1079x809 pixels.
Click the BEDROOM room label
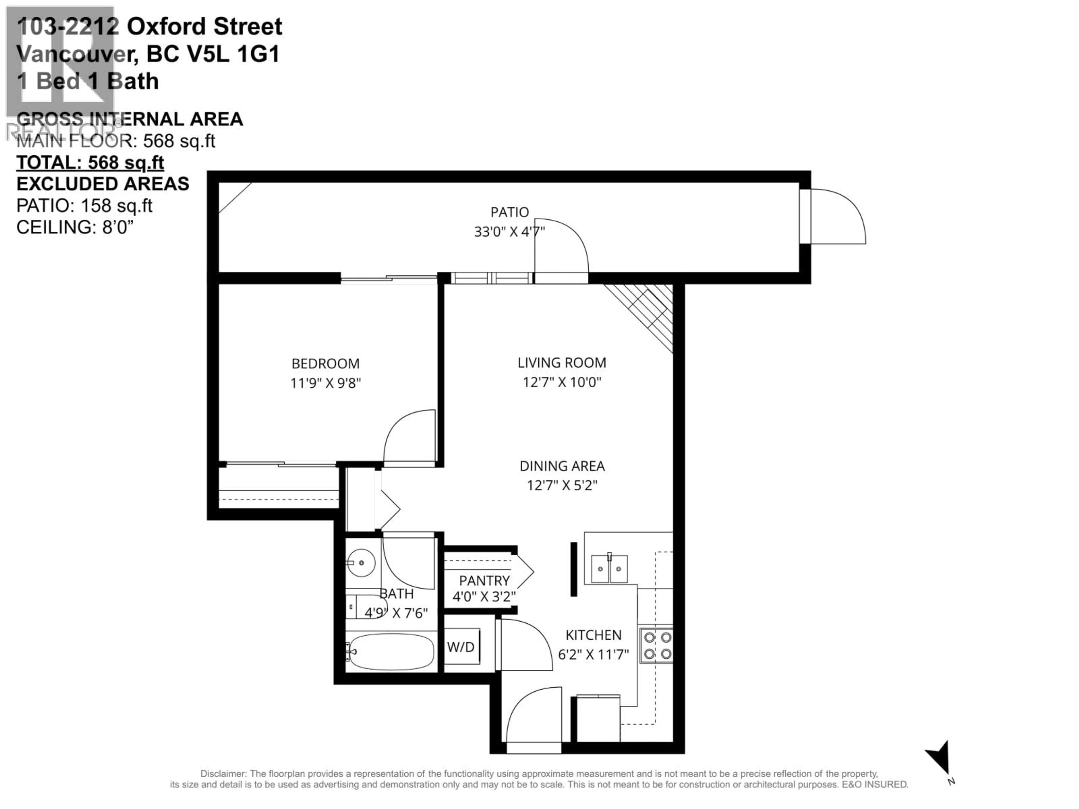pyautogui.click(x=325, y=364)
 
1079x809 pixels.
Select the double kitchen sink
pyautogui.click(x=609, y=569)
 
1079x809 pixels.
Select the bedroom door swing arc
pyautogui.click(x=408, y=437)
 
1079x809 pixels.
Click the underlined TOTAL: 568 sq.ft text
pyautogui.click(x=90, y=162)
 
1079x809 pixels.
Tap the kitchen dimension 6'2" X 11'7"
pyautogui.click(x=593, y=655)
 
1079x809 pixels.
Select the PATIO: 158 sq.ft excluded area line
pyautogui.click(x=84, y=206)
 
